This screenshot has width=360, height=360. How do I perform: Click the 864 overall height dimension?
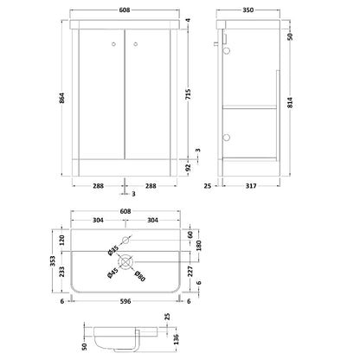61,98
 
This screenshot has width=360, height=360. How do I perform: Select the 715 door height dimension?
188,94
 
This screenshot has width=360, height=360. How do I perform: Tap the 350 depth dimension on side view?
247,10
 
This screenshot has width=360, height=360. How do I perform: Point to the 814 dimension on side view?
290,102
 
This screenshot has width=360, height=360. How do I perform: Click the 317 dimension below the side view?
251,186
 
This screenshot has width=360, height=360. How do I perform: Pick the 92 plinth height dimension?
188,167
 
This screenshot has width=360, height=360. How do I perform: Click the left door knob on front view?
113,44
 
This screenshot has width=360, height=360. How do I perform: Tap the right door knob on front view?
136,44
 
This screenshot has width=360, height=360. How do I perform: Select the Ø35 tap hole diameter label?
112,250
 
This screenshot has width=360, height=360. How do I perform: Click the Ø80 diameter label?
139,276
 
